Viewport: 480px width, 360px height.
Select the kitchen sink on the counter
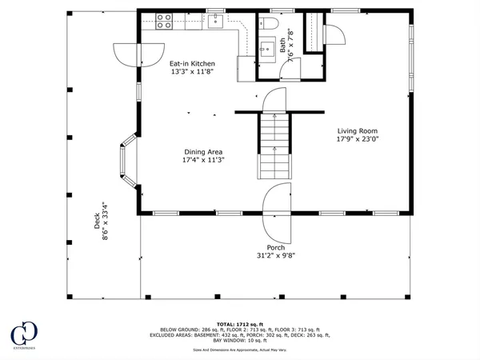214,22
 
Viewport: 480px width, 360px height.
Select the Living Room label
357,131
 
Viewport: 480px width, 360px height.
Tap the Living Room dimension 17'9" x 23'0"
357,141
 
